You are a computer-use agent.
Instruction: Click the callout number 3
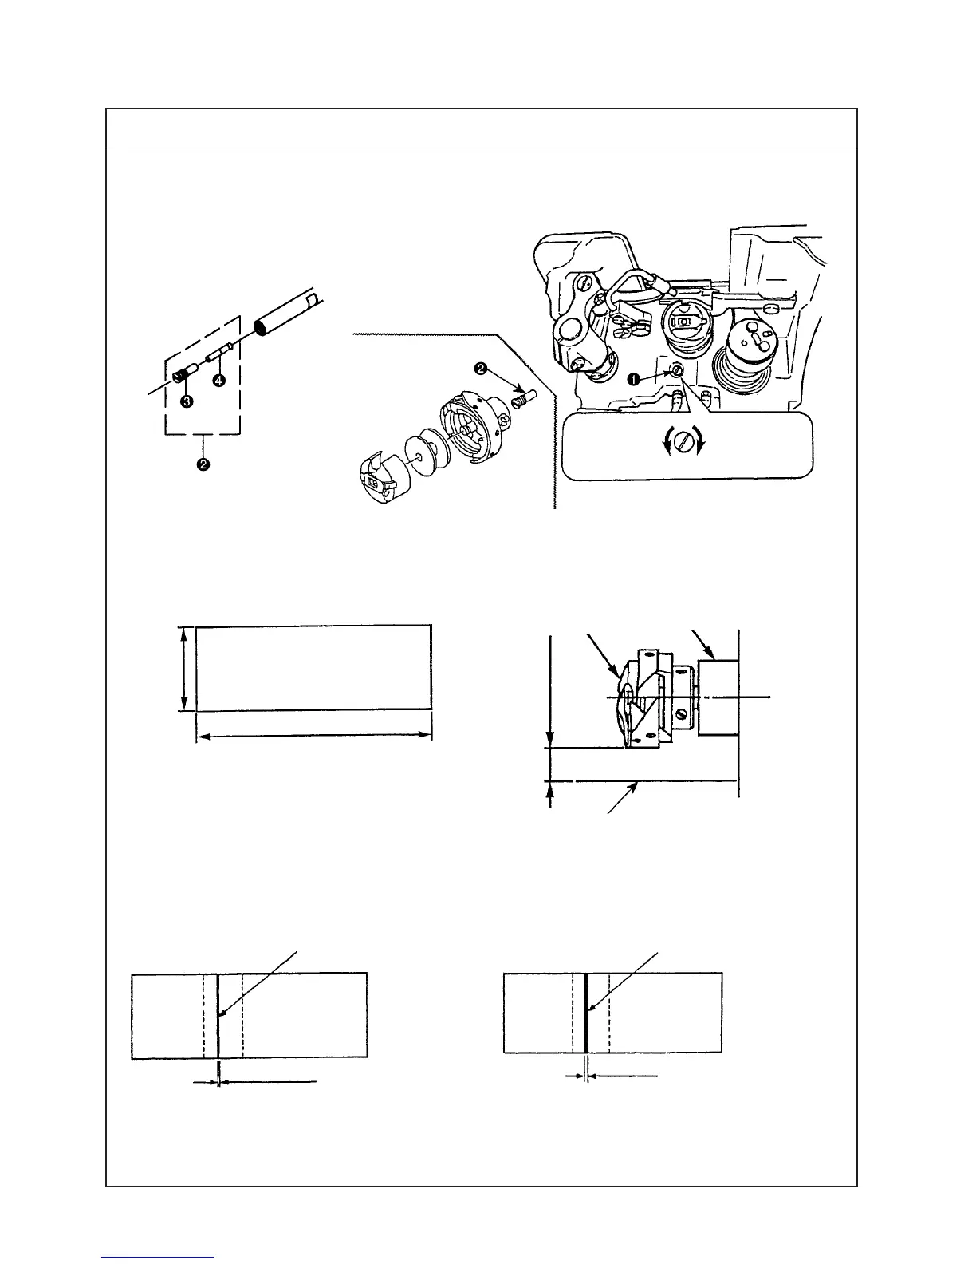(186, 401)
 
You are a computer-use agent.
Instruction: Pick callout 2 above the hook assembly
(481, 369)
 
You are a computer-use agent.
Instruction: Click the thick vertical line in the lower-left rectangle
(218, 1016)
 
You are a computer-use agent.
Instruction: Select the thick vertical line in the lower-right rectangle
(586, 1016)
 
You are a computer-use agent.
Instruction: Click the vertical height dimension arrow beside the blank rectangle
(185, 669)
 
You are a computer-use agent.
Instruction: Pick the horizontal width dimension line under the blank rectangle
(314, 737)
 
